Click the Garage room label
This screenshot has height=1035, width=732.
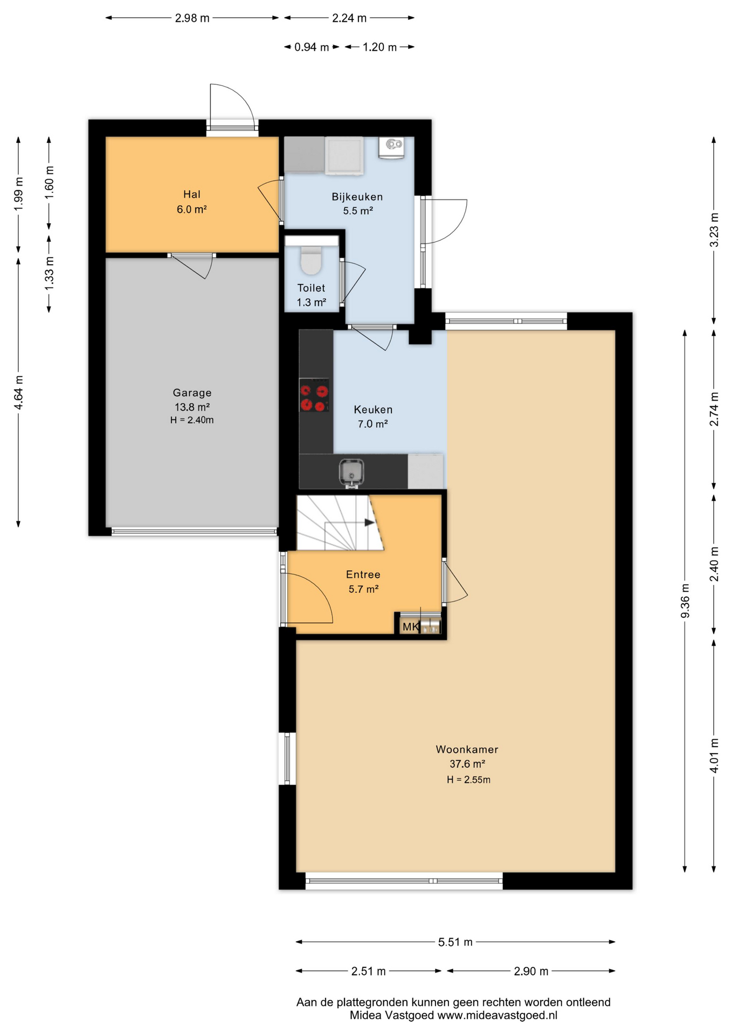point(192,393)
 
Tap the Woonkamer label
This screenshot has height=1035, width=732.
point(467,749)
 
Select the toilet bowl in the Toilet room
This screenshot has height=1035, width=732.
point(310,260)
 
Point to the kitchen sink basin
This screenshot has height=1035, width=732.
point(351,472)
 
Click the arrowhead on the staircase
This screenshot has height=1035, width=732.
point(369,522)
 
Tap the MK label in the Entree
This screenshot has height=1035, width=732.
point(410,627)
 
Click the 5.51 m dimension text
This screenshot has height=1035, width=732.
point(455,942)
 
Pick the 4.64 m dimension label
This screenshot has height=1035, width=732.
point(18,392)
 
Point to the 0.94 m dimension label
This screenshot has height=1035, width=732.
point(312,47)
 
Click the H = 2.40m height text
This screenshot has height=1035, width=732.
point(192,420)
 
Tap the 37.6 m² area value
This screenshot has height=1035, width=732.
point(467,764)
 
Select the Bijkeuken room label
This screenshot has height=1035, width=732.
point(357,197)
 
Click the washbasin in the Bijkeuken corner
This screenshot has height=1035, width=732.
point(391,147)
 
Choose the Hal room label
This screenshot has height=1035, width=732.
point(192,195)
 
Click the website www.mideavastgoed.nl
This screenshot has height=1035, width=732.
point(497,1015)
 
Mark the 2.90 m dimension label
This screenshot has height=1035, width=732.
point(531,971)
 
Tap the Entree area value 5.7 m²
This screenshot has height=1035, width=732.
point(363,589)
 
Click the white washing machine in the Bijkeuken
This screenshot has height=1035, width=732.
point(344,156)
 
